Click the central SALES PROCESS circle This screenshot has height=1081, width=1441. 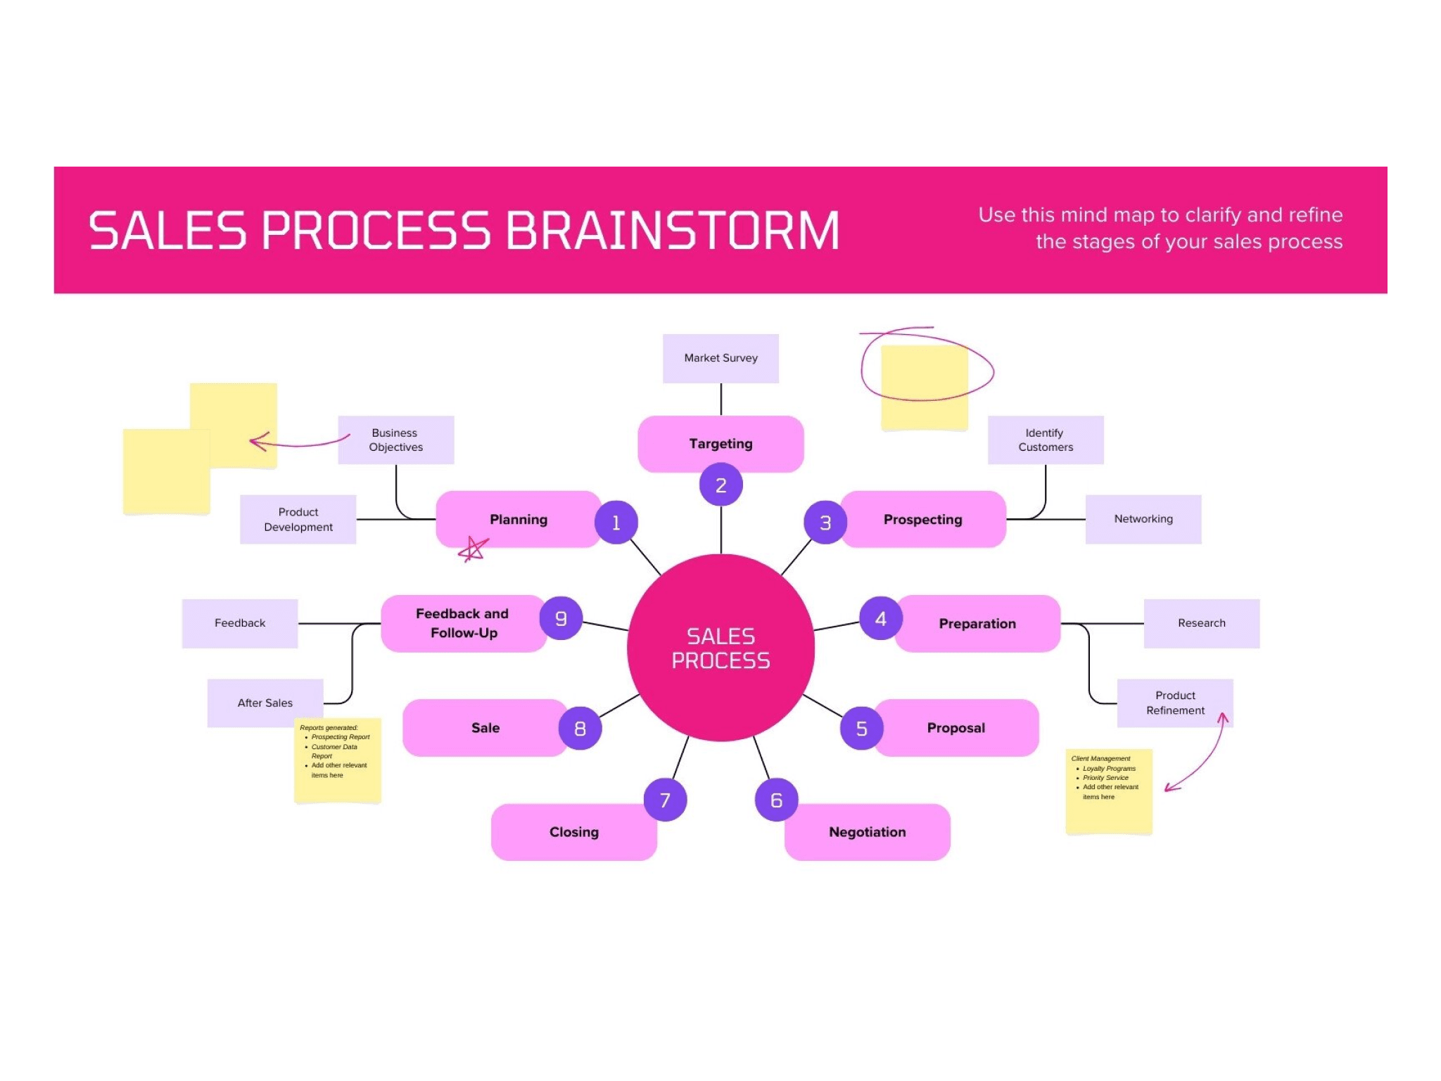point(720,648)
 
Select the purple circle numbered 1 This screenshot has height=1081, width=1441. point(616,523)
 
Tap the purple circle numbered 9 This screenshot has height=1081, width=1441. point(561,618)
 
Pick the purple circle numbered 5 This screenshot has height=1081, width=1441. point(861,729)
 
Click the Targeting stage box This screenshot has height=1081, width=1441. point(720,444)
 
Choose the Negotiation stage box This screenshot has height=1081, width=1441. point(868,832)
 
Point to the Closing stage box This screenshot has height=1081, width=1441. point(574,832)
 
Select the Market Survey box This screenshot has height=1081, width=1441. point(720,358)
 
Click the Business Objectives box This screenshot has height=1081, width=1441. point(396,440)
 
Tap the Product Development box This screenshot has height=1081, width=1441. point(298,520)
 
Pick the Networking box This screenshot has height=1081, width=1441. point(1143,519)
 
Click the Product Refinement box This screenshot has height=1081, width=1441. point(1175,703)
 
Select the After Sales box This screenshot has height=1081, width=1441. point(265,703)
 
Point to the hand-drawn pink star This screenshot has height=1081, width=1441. point(474,549)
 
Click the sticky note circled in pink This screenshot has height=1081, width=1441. point(924,387)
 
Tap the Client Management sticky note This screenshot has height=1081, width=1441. point(1109,791)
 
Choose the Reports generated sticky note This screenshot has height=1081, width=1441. point(338,760)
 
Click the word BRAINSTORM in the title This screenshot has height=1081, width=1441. point(673,231)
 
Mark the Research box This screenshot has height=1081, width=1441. point(1202,623)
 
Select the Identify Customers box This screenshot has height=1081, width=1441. point(1046,440)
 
